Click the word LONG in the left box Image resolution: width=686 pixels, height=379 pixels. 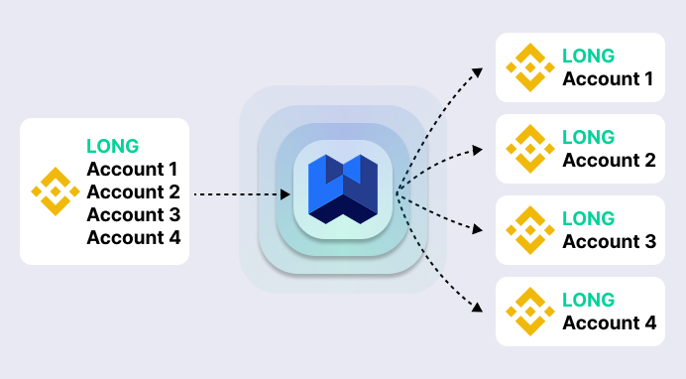click(112, 146)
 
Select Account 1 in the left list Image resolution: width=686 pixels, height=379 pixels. click(133, 169)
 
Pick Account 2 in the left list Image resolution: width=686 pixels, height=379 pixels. click(133, 191)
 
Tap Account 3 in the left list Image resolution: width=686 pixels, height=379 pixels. click(133, 214)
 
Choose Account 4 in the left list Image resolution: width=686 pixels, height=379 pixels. click(133, 237)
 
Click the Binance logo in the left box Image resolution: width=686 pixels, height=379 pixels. click(55, 191)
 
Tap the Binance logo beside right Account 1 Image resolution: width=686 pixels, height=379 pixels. click(530, 67)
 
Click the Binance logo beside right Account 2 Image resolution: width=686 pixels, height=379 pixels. click(530, 149)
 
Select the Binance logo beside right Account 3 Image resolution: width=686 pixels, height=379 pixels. click(530, 230)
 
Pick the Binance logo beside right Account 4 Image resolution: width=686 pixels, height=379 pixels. click(530, 312)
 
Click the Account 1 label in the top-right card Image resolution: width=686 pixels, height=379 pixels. click(608, 79)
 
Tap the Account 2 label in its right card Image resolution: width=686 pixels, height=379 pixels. click(609, 161)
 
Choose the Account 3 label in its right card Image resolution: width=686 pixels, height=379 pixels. click(609, 242)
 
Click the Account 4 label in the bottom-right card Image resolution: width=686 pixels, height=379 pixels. click(609, 323)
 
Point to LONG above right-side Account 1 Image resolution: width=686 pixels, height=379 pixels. click(588, 57)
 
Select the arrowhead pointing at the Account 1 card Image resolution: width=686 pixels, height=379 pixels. click(477, 72)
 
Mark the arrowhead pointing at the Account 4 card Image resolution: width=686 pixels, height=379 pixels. click(477, 308)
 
